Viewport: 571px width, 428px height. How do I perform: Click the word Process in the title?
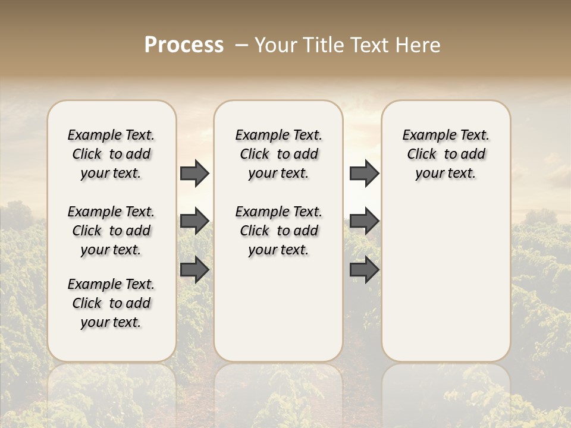tap(184, 45)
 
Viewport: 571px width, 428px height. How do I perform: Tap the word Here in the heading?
tap(419, 45)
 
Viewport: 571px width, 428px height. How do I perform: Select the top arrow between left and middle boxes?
tap(194, 174)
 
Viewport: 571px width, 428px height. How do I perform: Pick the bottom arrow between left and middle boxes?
tap(194, 270)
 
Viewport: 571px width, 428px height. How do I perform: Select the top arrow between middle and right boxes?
tap(364, 174)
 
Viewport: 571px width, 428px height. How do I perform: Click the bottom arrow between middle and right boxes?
tap(364, 270)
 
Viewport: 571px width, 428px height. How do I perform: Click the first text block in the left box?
tap(111, 154)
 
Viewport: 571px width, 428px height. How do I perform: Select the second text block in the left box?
tap(111, 231)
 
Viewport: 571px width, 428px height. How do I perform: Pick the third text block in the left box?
tap(111, 303)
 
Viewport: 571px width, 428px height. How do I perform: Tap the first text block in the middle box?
tap(278, 154)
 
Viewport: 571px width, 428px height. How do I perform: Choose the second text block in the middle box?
tap(278, 231)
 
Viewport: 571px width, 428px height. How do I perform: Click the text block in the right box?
tap(445, 154)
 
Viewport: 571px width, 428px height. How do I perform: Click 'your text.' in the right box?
tap(445, 174)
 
